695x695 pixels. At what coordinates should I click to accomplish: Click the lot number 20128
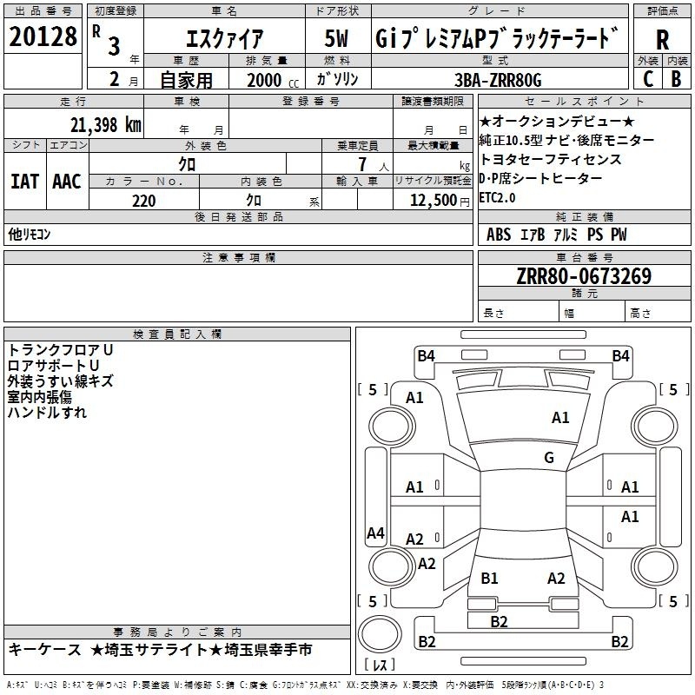click(x=43, y=36)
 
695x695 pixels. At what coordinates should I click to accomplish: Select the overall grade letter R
click(x=662, y=40)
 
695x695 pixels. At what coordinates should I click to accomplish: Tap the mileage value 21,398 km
click(x=106, y=125)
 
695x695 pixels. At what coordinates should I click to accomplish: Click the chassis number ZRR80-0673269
click(x=584, y=276)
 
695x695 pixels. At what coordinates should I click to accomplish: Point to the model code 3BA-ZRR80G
click(x=498, y=80)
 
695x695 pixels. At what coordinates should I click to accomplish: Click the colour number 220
click(x=143, y=201)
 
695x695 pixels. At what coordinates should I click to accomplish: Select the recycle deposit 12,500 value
click(x=433, y=201)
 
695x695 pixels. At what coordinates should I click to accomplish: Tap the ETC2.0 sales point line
click(x=497, y=198)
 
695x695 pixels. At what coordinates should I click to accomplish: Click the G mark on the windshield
click(x=549, y=458)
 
